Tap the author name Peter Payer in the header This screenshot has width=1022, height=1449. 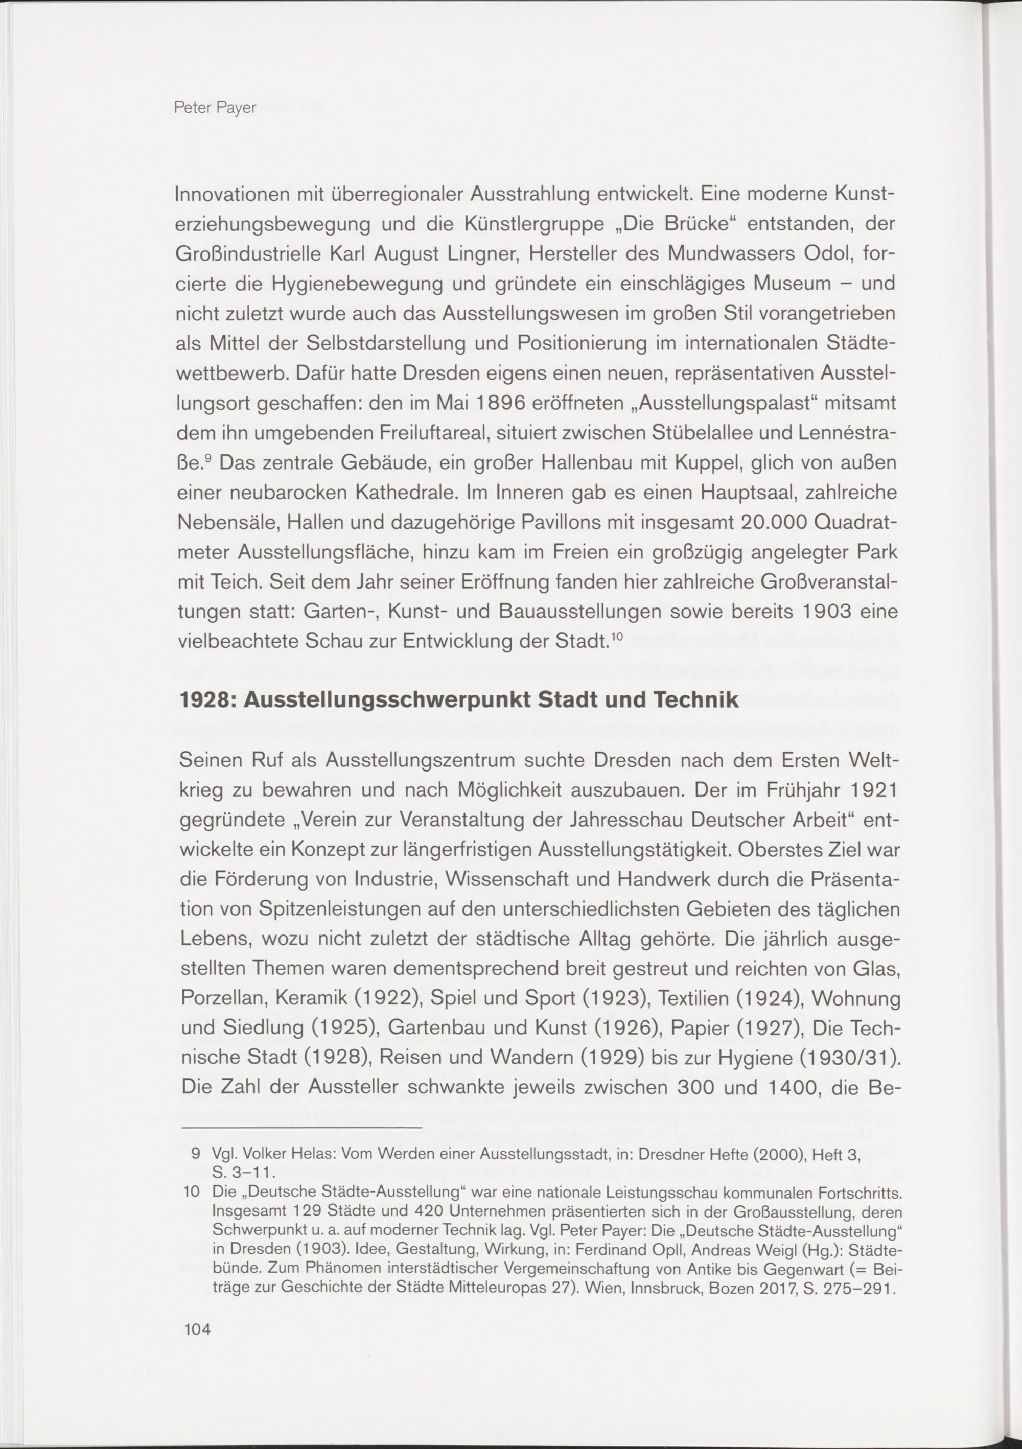coord(215,108)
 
